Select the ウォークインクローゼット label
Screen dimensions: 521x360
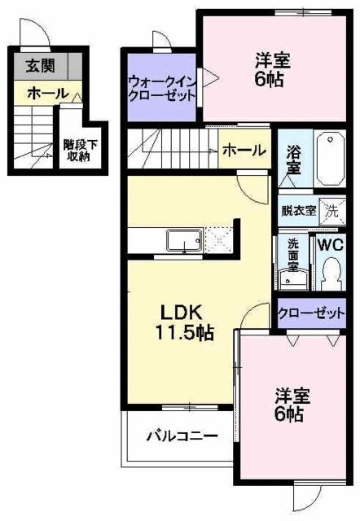click(x=161, y=88)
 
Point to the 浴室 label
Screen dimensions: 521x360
click(x=294, y=158)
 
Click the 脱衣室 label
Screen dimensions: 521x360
click(x=297, y=210)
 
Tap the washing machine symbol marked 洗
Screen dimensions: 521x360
click(x=333, y=209)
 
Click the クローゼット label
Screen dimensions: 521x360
click(x=311, y=312)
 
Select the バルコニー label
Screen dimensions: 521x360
click(x=182, y=436)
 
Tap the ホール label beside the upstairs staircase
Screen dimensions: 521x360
click(x=243, y=151)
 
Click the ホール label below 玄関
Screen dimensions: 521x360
click(x=47, y=94)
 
